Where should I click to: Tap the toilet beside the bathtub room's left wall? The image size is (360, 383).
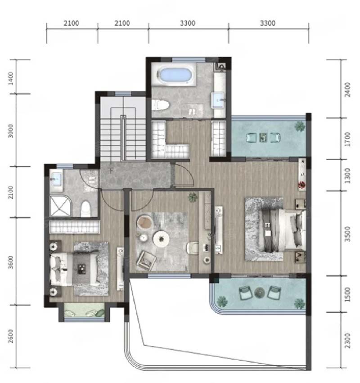pos(161,105)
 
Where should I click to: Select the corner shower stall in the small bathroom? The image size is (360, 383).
pos(60,206)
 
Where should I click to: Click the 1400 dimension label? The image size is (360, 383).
pos(11,78)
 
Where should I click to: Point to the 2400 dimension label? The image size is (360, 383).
pos(347,90)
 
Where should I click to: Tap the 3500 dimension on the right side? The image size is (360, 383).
pos(347,234)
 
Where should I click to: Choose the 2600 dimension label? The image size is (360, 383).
pos(10,336)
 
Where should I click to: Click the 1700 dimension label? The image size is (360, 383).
pos(347,139)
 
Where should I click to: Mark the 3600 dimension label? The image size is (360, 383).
pos(10,262)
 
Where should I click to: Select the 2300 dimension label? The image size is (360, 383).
pos(347,341)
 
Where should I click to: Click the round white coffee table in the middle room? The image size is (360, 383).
pos(161,239)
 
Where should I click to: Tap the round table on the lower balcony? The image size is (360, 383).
pos(259,293)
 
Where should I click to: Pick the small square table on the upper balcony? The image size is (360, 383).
pos(263,137)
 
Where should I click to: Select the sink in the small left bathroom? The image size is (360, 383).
pos(56,179)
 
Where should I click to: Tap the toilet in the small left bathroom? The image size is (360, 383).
pos(86,209)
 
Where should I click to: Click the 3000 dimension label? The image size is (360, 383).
pos(10,131)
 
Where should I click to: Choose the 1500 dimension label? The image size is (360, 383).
pos(347,294)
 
